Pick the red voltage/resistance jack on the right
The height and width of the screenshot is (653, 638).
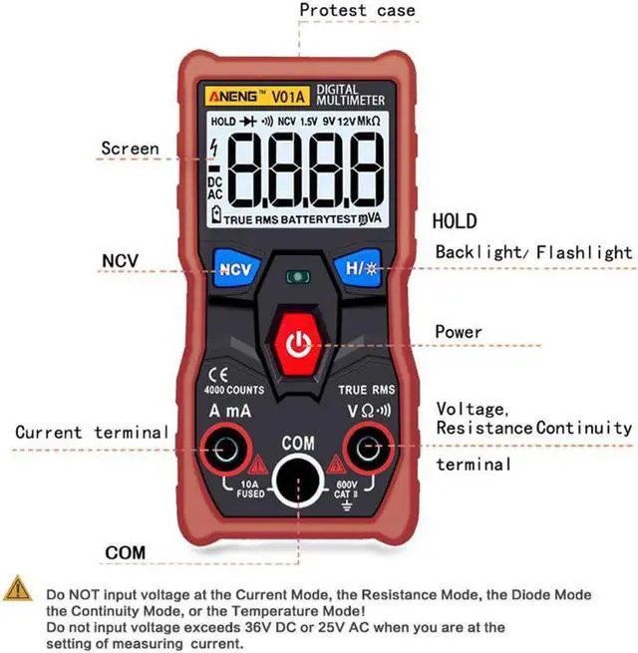[367, 452]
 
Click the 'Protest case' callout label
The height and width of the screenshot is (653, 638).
[357, 11]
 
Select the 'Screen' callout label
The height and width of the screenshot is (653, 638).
[130, 150]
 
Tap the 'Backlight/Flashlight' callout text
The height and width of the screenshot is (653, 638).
[533, 252]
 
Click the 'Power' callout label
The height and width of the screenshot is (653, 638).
[459, 332]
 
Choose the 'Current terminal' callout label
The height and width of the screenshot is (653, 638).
[92, 433]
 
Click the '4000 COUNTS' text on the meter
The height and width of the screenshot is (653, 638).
[233, 390]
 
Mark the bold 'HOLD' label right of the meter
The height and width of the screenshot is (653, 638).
[454, 221]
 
